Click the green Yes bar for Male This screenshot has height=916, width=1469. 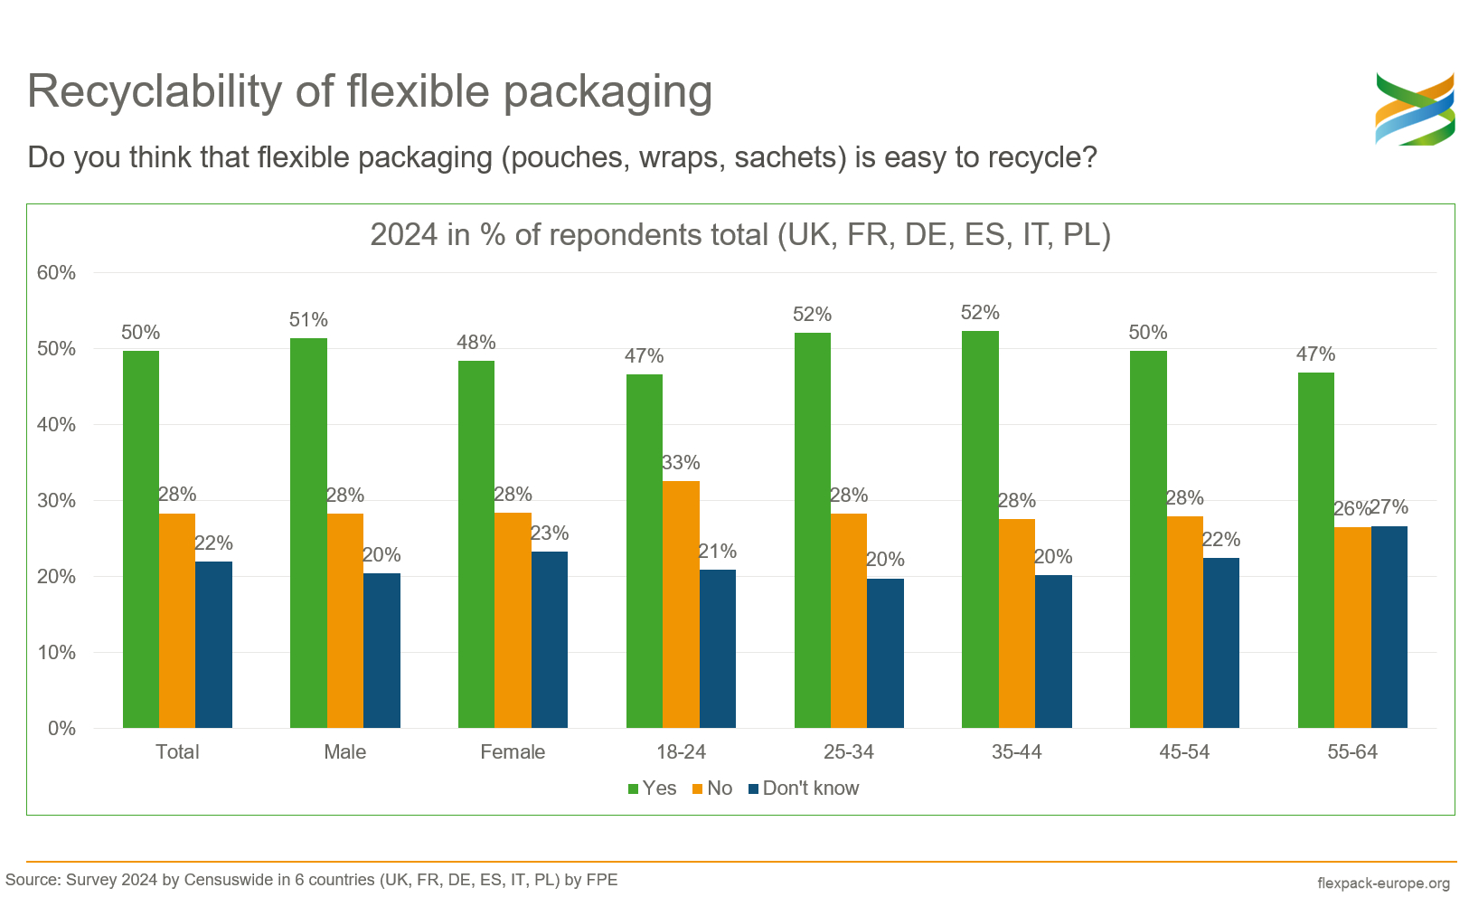click(308, 533)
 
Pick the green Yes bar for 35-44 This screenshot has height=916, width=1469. click(980, 529)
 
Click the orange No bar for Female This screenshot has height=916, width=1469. click(513, 620)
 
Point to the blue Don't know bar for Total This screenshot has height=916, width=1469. click(213, 645)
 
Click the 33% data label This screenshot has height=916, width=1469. click(681, 463)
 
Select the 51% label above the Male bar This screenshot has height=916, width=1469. click(308, 320)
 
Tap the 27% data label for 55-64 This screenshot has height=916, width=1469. click(1389, 507)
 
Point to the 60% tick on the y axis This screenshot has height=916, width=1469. click(56, 273)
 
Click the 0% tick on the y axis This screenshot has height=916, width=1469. click(61, 729)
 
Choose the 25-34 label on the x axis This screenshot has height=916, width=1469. click(848, 752)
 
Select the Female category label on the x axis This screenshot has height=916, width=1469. click(513, 752)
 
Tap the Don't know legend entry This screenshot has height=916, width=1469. click(804, 789)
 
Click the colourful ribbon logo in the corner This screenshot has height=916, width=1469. click(1414, 109)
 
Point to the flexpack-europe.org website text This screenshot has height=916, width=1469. click(1383, 883)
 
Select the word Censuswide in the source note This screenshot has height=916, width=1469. click(236, 880)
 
